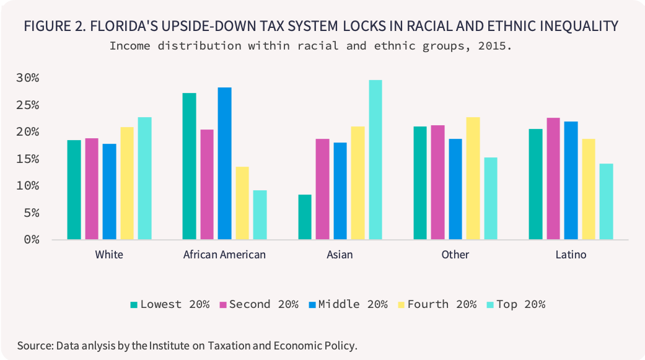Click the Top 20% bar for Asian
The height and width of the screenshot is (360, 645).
click(375, 160)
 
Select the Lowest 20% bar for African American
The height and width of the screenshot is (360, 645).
click(190, 166)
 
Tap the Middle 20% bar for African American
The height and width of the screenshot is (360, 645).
click(224, 164)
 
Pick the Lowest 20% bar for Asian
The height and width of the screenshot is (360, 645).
click(305, 217)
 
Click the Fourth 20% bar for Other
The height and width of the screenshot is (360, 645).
click(473, 178)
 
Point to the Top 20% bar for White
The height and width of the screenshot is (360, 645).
click(144, 178)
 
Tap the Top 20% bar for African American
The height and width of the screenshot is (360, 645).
click(260, 214)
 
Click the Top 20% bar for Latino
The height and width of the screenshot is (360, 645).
click(606, 201)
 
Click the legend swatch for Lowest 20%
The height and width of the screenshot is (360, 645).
click(133, 304)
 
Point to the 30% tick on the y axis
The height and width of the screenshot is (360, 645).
click(27, 78)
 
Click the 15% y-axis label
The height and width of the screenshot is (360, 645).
click(27, 159)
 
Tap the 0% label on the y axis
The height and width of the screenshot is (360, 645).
click(30, 240)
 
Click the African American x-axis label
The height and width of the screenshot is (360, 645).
click(224, 255)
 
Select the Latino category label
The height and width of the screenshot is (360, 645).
click(571, 255)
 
